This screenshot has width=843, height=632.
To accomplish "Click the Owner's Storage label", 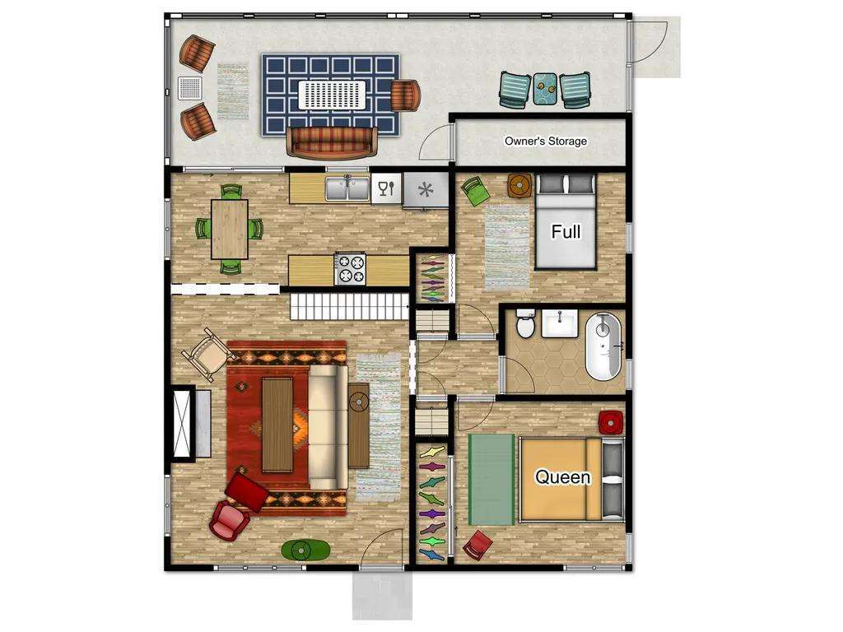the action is coord(545,142).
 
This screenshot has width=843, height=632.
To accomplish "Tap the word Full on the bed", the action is coord(566,231).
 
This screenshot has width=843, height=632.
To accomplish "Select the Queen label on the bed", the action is coord(562,476).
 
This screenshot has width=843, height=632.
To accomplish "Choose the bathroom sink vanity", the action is coord(559,323).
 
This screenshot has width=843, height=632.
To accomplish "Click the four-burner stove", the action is coord(351,269).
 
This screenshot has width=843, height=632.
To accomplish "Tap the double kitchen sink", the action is coord(347,188).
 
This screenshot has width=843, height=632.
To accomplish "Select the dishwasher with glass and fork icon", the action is coord(387,188).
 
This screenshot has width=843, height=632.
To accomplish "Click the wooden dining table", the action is coord(230,229).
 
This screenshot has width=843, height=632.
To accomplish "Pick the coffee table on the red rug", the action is coord(277,425).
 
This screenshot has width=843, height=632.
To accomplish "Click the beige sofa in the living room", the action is coord(328,427).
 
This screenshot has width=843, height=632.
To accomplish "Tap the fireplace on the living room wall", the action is coord(184,423).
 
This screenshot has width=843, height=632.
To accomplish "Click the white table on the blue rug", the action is coord(333,96).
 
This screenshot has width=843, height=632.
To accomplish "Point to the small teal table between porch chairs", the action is coord(546,89).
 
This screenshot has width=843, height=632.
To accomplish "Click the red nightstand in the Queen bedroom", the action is coord(611,422).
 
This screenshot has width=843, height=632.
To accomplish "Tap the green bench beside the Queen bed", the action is coord(491,480).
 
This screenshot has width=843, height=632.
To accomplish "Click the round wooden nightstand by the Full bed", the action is coord(520,185).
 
